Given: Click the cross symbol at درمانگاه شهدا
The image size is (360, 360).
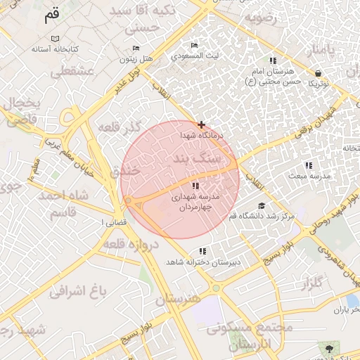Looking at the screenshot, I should coord(201,124).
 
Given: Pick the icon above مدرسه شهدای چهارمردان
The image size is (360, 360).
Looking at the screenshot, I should coord(195,186).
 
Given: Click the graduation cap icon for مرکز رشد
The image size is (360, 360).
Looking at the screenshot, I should coord(262,205).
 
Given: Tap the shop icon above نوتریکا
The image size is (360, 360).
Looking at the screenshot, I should coord(319,73).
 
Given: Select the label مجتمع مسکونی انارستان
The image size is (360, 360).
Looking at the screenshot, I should coord(255,336).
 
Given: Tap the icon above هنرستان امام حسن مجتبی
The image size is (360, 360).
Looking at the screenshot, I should coord(273,60).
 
